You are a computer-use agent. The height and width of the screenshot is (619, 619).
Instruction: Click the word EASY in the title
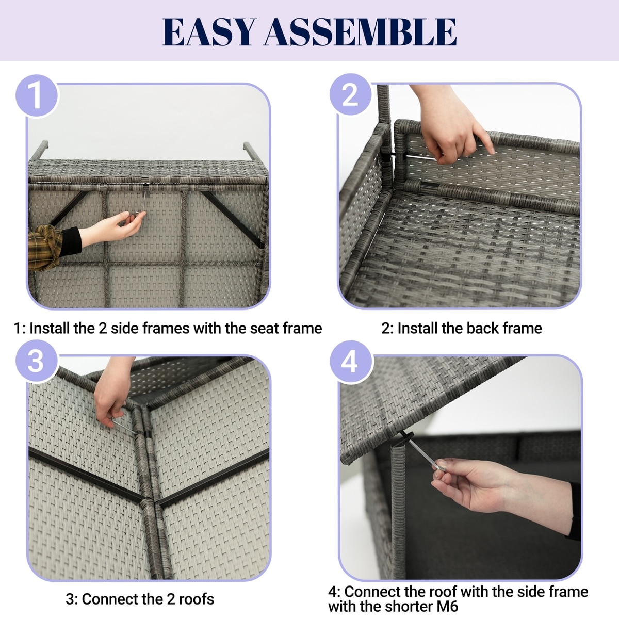pos(209,32)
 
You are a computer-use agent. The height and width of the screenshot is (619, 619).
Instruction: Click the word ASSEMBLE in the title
pos(360,32)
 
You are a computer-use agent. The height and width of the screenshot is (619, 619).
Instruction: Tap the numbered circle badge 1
pos(37,96)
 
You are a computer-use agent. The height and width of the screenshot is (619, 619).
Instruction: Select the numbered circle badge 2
pos(350,94)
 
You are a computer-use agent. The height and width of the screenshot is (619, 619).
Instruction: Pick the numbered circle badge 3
pos(36,362)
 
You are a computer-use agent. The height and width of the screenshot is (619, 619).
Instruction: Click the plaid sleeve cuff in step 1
pos(45,247)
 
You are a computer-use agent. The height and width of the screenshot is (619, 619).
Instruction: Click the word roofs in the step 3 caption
pos(196,599)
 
